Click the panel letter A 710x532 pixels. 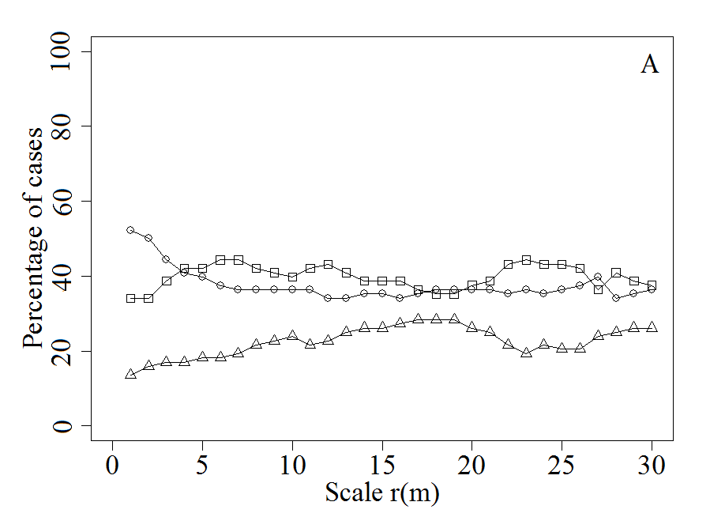(649, 65)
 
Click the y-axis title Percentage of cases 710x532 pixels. (33, 237)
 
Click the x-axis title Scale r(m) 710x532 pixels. (381, 492)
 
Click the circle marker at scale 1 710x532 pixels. (130, 230)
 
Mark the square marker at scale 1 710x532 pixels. (130, 298)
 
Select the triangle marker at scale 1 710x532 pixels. (130, 374)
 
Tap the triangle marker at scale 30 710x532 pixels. (652, 326)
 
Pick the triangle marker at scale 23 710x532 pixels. (526, 353)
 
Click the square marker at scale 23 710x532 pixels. (526, 260)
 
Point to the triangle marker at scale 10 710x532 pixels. (292, 335)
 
